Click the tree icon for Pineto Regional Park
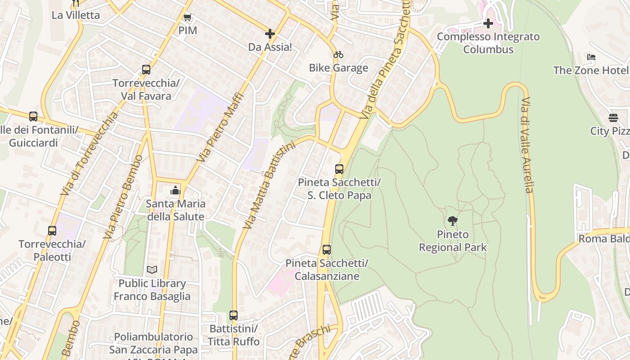[453, 220]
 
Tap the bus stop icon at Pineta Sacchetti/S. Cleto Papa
[339, 169]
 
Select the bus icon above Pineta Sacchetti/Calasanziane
[327, 249]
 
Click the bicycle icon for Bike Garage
[338, 54]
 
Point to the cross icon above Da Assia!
[270, 33]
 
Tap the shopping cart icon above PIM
[187, 17]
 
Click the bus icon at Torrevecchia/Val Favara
[146, 70]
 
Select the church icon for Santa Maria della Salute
[175, 190]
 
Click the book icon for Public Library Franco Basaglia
[152, 270]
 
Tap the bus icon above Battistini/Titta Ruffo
[234, 315]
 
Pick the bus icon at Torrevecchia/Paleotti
[52, 231]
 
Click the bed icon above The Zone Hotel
[591, 57]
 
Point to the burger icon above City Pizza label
[613, 118]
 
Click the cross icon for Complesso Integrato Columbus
[488, 23]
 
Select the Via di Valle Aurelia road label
[526, 144]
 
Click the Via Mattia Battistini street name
[269, 184]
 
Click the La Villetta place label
[76, 15]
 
